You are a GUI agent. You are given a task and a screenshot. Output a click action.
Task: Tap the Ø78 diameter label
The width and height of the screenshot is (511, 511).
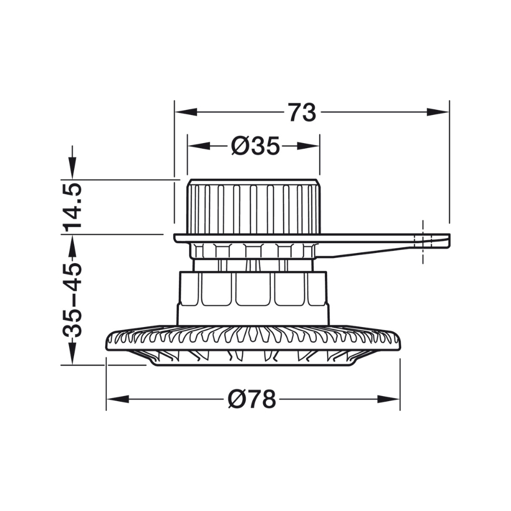(x=251, y=400)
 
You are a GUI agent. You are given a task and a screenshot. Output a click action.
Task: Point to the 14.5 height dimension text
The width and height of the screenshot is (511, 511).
(x=72, y=206)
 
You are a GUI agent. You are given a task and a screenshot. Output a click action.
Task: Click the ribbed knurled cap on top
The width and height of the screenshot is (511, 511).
(x=253, y=207)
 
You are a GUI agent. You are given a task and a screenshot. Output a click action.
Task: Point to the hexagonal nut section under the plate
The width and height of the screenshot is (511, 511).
(x=253, y=251)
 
